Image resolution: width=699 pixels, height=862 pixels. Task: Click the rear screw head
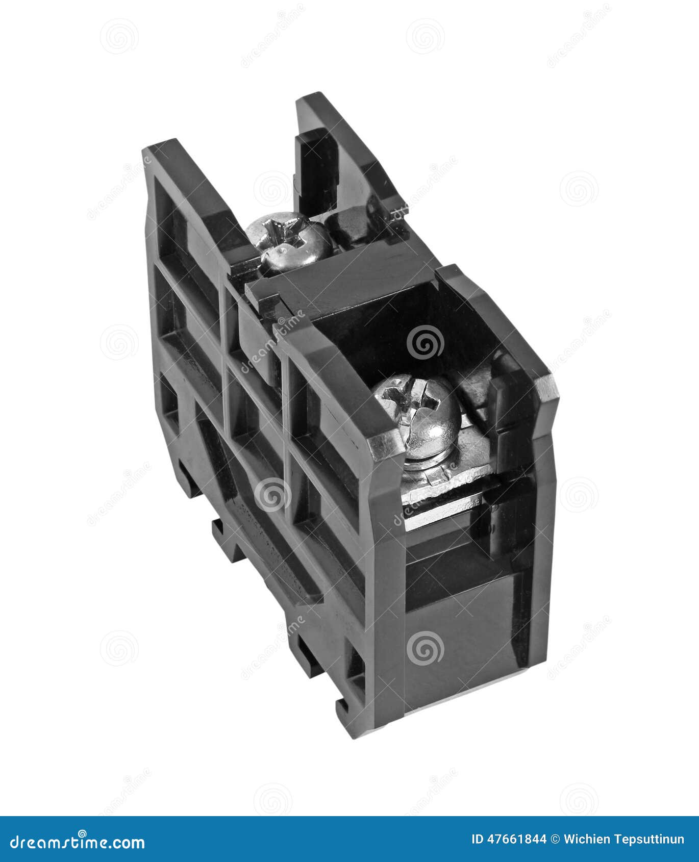(x=289, y=241)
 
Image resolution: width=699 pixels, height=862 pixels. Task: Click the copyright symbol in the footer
(x=555, y=839)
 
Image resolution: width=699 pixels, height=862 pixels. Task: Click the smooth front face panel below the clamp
(x=464, y=638)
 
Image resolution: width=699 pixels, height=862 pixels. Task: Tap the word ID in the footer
(x=477, y=839)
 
